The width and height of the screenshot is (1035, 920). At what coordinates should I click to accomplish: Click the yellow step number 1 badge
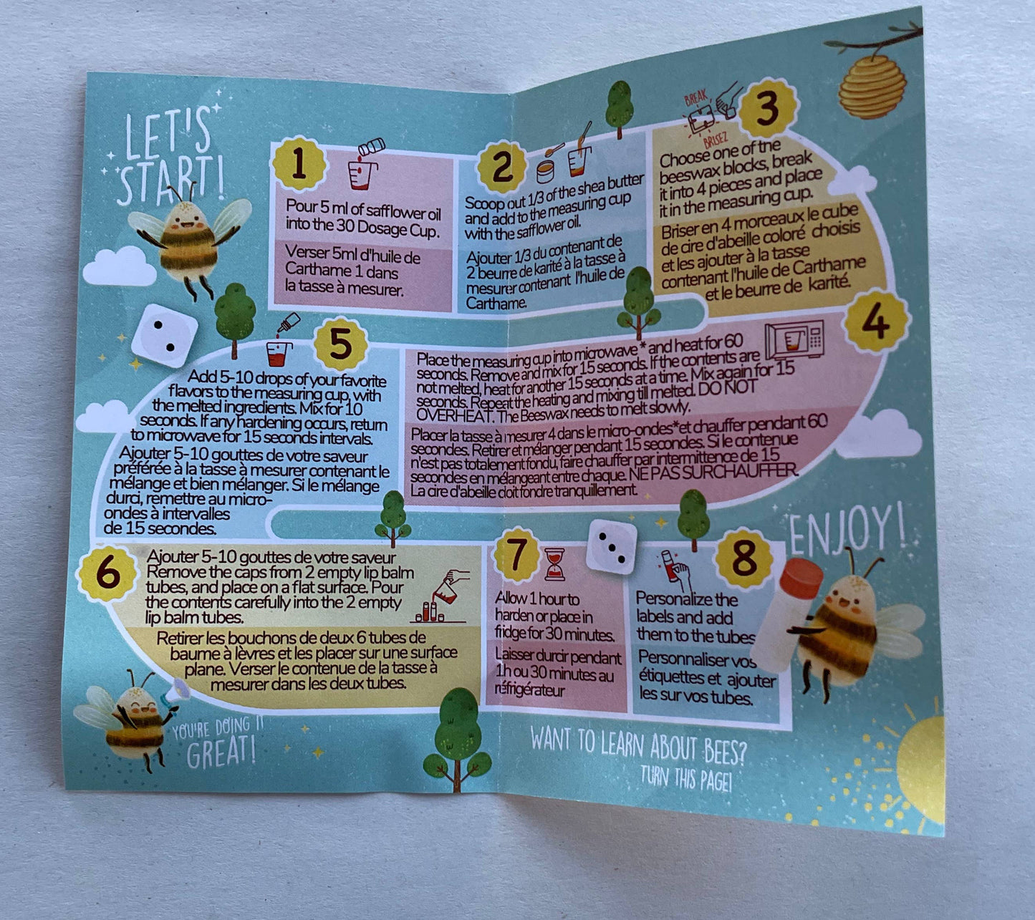299,164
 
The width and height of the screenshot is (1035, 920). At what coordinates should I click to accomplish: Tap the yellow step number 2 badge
501,167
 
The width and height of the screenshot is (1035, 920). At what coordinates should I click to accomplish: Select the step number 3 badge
768,109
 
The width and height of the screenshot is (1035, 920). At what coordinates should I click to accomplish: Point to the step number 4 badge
876,322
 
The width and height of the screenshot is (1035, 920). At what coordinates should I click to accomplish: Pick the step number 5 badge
340,345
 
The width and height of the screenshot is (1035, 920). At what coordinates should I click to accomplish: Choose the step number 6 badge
107,573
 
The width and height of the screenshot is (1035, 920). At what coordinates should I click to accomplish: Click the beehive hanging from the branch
872,86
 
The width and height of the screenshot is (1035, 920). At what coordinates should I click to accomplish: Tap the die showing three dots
611,546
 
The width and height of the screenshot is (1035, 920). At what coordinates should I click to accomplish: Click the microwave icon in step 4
794,339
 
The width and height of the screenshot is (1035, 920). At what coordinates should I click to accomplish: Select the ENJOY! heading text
847,531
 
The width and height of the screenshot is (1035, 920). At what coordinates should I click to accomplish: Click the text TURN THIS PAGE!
685,778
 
